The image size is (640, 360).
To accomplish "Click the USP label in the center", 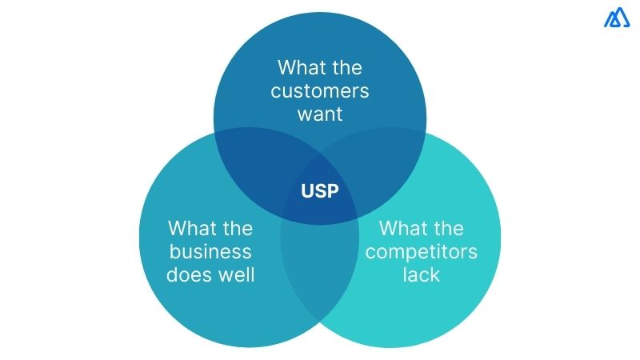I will (319, 192).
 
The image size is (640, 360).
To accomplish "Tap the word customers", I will (319, 90).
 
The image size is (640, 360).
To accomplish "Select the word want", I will (319, 114).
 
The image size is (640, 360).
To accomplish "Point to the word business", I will (210, 252).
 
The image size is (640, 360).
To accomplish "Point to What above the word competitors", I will (404, 229).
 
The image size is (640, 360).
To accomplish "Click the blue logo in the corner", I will (618, 18).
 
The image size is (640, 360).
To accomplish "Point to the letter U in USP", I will (307, 192).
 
